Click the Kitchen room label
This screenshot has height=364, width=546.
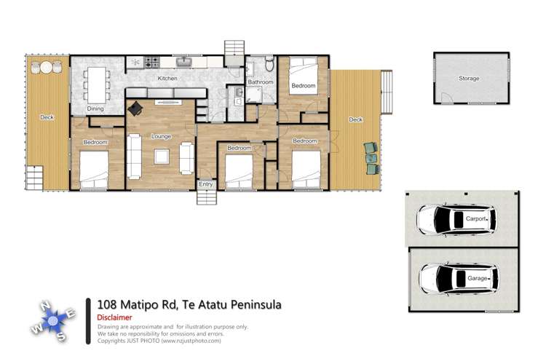coord(168,78)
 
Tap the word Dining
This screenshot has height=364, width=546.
coord(95,108)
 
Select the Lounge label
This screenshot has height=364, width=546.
coord(161,136)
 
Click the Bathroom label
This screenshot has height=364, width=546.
coord(260,82)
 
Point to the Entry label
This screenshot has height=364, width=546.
coord(206,184)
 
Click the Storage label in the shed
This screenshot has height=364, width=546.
coord(469,78)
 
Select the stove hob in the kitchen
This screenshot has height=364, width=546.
coord(152,63)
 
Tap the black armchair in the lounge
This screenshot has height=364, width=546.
coord(135,108)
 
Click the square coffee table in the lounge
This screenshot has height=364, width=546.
coord(161,156)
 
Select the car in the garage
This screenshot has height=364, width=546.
coord(456,277)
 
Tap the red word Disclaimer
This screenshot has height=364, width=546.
coord(114,317)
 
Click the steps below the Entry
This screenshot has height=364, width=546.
coord(206,197)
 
